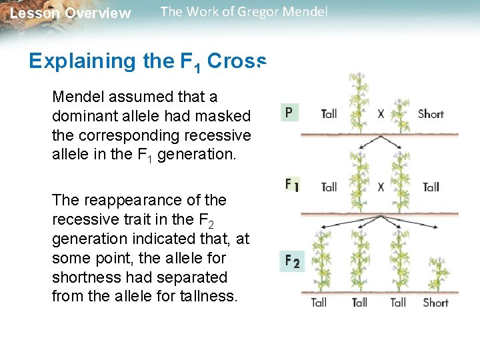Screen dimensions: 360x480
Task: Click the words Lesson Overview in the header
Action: tap(71, 13)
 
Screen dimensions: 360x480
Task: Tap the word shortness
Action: tap(86, 277)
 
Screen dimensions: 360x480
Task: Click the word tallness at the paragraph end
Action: tap(206, 297)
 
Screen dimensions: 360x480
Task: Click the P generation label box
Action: tap(289, 112)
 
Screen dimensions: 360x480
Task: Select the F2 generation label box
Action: tap(292, 261)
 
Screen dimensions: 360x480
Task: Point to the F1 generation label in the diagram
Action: tap(292, 185)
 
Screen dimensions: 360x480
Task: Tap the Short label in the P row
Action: tap(430, 114)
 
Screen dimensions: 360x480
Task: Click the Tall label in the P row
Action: tap(329, 114)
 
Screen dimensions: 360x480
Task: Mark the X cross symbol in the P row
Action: tap(381, 114)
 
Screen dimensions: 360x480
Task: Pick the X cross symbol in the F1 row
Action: tap(381, 187)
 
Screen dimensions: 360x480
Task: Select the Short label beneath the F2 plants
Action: tap(435, 303)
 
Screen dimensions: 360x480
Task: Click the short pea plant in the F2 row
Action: tap(437, 275)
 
